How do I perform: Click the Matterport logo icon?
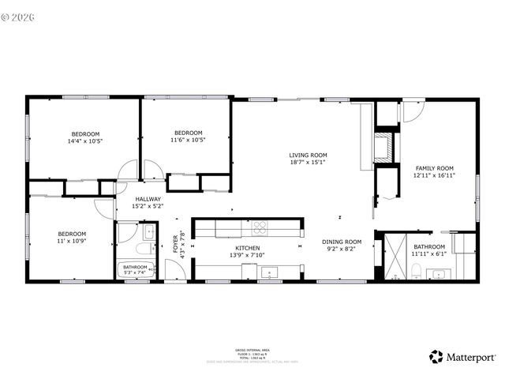click(436, 356)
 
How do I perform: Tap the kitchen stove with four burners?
click(260, 228)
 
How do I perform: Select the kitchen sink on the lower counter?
click(269, 273)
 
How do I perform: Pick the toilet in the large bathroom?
click(415, 273)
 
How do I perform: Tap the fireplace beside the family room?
click(383, 148)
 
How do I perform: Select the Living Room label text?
click(308, 156)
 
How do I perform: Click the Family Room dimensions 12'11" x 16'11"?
click(435, 176)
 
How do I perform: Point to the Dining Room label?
click(342, 242)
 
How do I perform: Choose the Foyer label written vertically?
click(176, 243)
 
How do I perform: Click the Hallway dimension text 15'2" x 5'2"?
click(148, 208)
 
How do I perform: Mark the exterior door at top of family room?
click(411, 111)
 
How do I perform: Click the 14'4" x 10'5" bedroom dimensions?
click(84, 141)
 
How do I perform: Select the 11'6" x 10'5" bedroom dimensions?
click(188, 141)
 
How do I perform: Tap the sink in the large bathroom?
click(438, 274)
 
